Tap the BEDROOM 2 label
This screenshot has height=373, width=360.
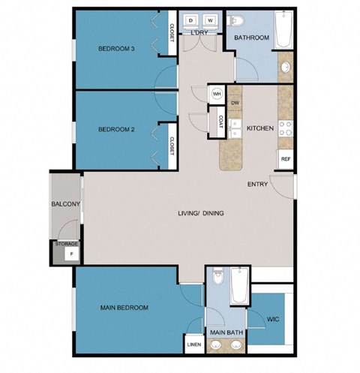click(x=116, y=129)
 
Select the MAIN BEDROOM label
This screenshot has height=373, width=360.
click(x=124, y=308)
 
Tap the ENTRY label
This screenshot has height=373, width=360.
click(x=258, y=184)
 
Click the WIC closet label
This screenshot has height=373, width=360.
click(x=274, y=318)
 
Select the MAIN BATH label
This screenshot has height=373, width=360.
click(x=224, y=332)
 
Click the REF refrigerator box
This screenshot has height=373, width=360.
click(x=285, y=159)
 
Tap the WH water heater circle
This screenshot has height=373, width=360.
click(x=217, y=95)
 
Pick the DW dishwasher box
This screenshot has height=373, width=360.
click(x=235, y=103)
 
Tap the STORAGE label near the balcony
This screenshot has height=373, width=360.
click(x=65, y=244)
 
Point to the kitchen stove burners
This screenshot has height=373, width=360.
click(x=285, y=129)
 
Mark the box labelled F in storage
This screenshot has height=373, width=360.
click(x=72, y=254)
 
